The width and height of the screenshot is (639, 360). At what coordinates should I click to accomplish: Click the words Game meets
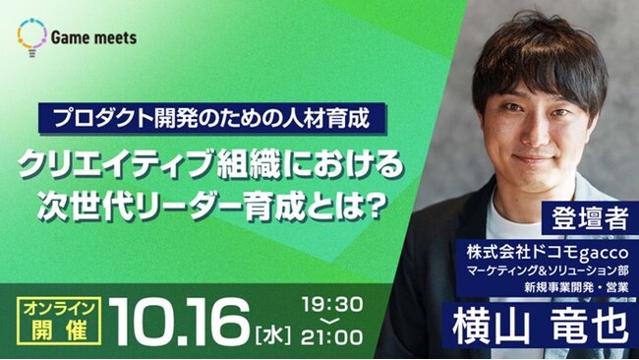pyautogui.click(x=95, y=37)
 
